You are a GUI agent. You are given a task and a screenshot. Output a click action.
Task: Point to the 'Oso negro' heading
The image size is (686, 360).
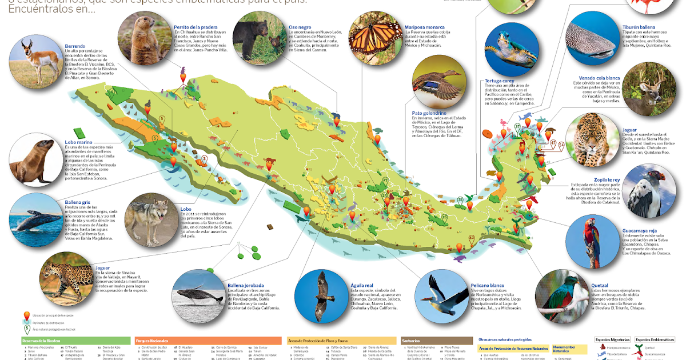coord(300,26)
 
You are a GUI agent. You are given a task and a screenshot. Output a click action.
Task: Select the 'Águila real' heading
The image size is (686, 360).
coord(362,285)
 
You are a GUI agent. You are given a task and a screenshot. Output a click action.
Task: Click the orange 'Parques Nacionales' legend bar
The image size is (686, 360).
coord(209,340)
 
